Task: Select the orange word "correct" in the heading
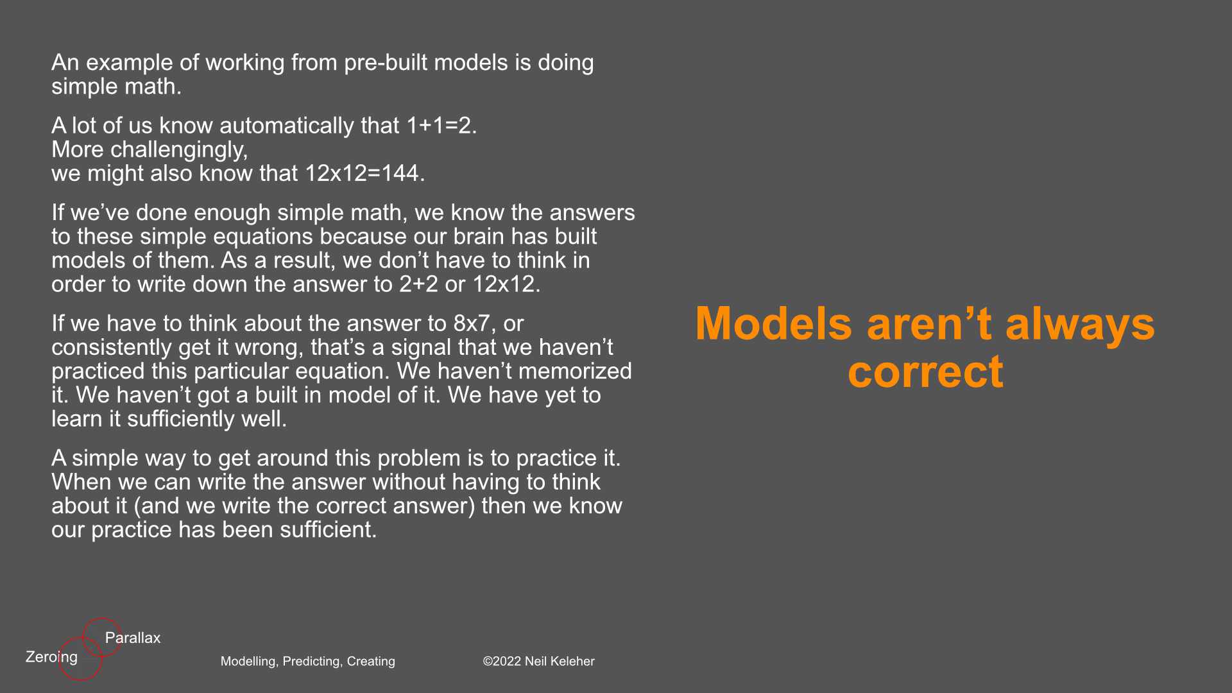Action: point(925,372)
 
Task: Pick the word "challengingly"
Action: point(178,150)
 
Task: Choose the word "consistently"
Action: point(112,348)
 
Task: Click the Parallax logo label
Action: point(133,638)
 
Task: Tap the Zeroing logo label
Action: point(51,657)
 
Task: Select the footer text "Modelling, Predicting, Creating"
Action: point(308,662)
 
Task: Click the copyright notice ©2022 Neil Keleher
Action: point(538,662)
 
